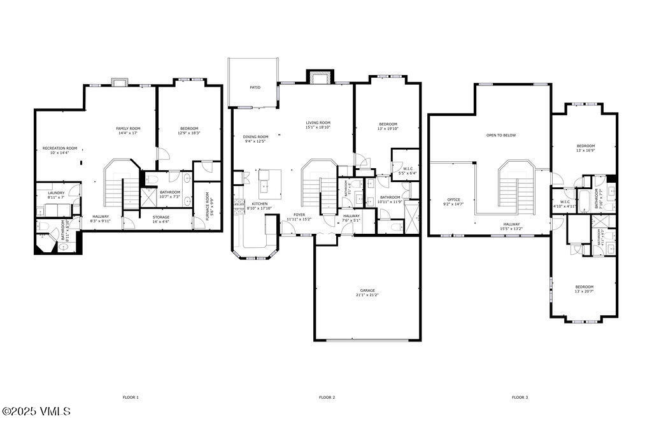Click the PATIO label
tap(255, 87)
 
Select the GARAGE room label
tap(368, 290)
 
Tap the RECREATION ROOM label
tap(60, 148)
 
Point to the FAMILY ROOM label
tap(128, 129)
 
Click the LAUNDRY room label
tap(56, 193)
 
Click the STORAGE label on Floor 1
tap(161, 217)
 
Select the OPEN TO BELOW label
tap(501, 135)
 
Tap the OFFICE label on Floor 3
tap(453, 199)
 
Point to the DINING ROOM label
tap(256, 136)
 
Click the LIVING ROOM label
tap(318, 123)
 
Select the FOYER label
tap(299, 215)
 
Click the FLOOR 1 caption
tap(131, 397)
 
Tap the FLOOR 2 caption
tap(327, 397)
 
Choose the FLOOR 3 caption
tap(520, 397)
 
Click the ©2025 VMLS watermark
tap(36, 412)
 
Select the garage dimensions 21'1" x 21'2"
tap(368, 295)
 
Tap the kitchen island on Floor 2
tap(267, 182)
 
